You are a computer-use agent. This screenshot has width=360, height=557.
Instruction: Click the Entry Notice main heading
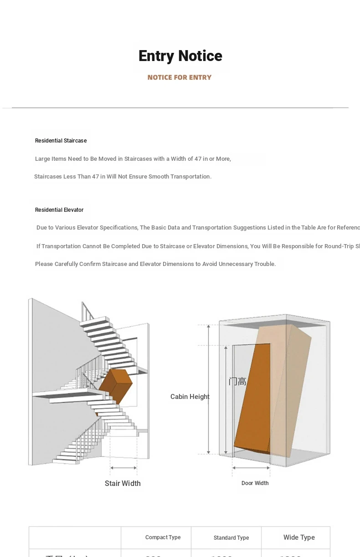click(180, 56)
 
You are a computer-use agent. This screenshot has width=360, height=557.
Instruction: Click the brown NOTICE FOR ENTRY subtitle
click(180, 77)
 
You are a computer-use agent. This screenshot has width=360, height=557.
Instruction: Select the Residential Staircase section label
click(61, 141)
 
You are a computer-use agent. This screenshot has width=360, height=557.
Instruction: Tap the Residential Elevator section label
click(59, 210)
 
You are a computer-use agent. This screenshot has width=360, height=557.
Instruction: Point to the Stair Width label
click(123, 483)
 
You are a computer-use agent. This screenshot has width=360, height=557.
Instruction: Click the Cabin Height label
click(190, 397)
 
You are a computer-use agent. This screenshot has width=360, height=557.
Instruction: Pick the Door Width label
click(255, 483)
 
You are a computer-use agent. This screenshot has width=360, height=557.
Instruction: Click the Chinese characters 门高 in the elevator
click(237, 382)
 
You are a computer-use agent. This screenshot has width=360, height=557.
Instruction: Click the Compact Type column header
click(163, 537)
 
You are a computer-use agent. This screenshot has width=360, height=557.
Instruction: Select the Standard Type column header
click(231, 538)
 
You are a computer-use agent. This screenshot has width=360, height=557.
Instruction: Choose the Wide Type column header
click(299, 537)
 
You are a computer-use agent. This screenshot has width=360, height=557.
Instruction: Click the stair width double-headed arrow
click(123, 468)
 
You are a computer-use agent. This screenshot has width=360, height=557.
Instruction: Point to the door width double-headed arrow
click(251, 468)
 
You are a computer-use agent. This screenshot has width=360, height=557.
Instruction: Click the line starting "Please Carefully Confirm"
click(155, 264)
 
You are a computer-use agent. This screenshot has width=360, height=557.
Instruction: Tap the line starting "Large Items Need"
click(133, 159)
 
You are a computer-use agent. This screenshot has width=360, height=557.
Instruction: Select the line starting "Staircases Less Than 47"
click(123, 177)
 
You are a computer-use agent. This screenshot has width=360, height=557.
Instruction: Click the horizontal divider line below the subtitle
click(180, 108)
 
